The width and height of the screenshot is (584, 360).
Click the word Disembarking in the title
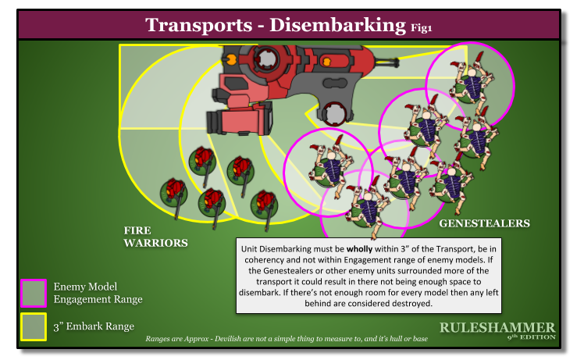(x=338, y=25)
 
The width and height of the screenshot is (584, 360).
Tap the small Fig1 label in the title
(x=422, y=29)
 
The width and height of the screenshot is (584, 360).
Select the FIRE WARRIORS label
(x=155, y=237)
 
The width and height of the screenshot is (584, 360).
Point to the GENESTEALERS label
(x=484, y=224)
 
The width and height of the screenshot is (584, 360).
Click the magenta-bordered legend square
(x=34, y=293)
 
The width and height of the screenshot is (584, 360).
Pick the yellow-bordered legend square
(x=34, y=326)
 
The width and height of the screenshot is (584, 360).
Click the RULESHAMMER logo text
(x=497, y=327)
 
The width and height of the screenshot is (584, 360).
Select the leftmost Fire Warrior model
(x=173, y=191)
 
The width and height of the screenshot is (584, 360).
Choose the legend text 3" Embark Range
(x=94, y=326)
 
